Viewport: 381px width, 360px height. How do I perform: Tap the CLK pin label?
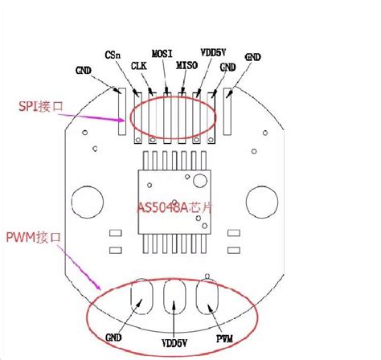(138, 67)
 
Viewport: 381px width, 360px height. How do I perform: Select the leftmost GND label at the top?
(84, 69)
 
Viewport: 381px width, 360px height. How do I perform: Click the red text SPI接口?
(42, 106)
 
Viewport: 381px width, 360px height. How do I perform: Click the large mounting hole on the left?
(86, 198)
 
